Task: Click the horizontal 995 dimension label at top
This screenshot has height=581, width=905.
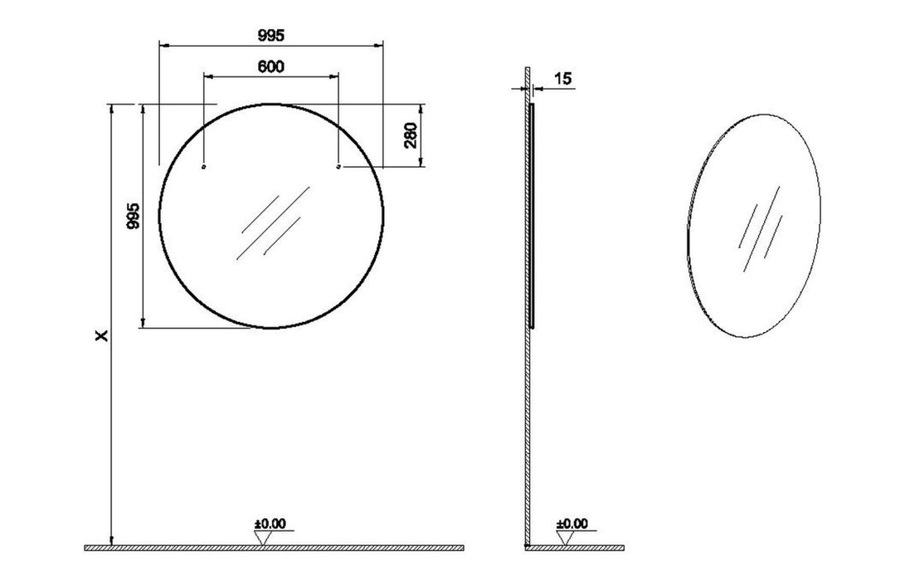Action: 270,35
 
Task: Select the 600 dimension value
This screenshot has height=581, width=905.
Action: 270,66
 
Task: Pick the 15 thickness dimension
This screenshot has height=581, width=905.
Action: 562,79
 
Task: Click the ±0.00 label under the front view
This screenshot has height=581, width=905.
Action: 270,524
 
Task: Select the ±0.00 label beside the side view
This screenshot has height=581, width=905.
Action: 572,524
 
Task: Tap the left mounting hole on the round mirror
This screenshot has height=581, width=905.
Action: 204,167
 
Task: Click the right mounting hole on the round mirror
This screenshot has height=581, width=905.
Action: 338,167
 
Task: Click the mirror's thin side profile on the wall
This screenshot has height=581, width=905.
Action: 532,216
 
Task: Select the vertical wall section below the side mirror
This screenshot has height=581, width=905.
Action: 527,432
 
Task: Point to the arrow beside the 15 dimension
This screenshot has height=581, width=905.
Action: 538,86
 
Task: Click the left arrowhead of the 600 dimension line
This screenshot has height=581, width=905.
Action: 208,76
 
